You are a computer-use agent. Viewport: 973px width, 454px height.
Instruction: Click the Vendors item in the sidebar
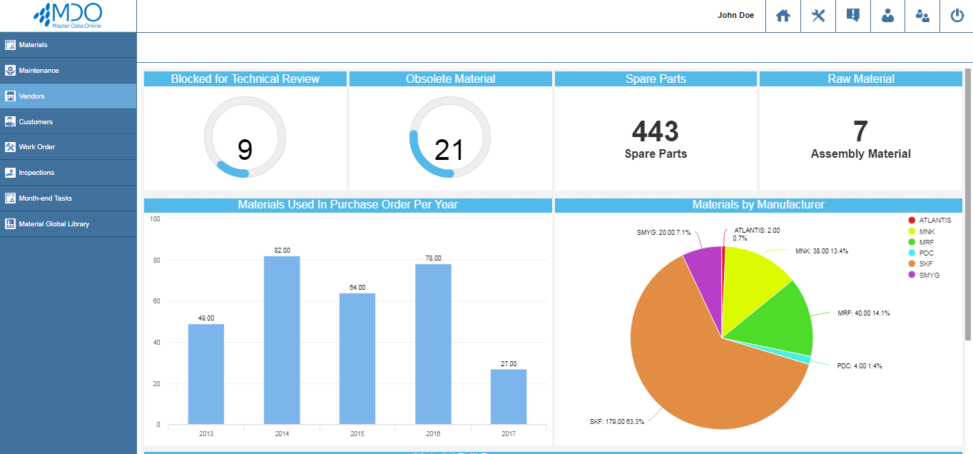tap(32, 96)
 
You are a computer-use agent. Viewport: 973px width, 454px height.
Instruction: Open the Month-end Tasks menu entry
tap(45, 198)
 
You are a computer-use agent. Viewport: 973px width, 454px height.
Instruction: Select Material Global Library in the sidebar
tap(54, 224)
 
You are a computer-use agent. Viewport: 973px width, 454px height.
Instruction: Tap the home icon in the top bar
tap(783, 16)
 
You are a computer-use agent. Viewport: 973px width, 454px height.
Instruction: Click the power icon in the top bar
tap(957, 16)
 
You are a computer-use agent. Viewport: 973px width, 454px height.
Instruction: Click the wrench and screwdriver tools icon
tap(818, 16)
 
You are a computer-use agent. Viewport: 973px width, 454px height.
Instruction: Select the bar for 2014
tap(282, 340)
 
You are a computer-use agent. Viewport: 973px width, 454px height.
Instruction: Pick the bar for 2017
tap(509, 396)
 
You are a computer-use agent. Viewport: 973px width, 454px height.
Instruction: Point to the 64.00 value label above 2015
tap(357, 287)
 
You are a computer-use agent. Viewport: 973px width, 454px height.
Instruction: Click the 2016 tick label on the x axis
tap(433, 433)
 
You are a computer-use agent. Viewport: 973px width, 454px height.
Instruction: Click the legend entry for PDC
tap(927, 253)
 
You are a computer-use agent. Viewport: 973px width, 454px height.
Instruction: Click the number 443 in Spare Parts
tap(656, 131)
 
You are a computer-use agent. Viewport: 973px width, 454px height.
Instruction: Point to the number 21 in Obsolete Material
tap(449, 150)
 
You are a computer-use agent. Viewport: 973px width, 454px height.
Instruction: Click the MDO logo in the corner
tap(68, 15)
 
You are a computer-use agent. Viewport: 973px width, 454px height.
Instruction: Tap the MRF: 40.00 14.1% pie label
tap(864, 313)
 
